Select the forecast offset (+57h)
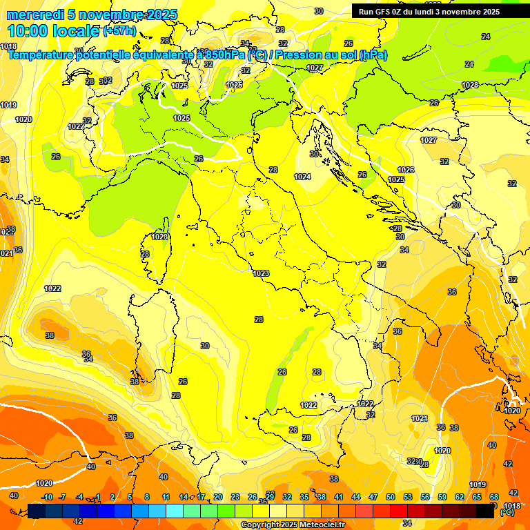coord(119,31)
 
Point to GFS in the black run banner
coord(384,12)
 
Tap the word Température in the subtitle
coord(43,55)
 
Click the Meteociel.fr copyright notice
coord(293,524)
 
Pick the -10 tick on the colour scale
coord(47,497)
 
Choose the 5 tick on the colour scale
coord(130,497)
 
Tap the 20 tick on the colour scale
coord(218,497)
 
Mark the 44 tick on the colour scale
coord(356,497)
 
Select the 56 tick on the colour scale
coord(425,497)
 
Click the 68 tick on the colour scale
coord(494,497)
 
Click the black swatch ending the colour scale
coord(485,510)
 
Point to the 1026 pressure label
coord(406,170)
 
